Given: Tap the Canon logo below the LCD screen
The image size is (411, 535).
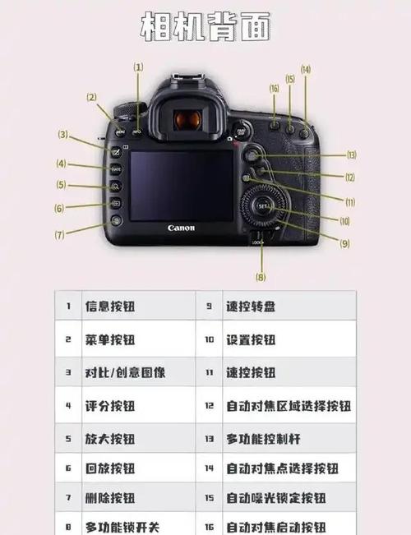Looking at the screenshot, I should (181, 228).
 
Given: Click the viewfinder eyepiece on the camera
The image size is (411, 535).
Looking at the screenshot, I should (188, 120).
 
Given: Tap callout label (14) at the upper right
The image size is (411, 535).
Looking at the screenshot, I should (306, 70).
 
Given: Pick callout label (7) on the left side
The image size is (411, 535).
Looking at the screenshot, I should (59, 234).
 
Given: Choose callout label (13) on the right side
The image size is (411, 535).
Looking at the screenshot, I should (351, 155).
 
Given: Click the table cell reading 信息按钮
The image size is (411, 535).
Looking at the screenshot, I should (110, 307).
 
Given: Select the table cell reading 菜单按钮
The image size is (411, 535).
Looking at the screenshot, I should (110, 339).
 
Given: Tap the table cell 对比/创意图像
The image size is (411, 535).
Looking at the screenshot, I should (125, 372).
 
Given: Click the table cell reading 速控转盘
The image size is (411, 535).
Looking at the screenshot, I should (251, 307).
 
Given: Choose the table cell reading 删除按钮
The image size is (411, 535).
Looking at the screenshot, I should (110, 498).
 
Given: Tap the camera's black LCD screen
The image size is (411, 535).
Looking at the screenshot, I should (181, 185).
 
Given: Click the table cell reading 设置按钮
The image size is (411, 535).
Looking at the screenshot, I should (251, 339).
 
